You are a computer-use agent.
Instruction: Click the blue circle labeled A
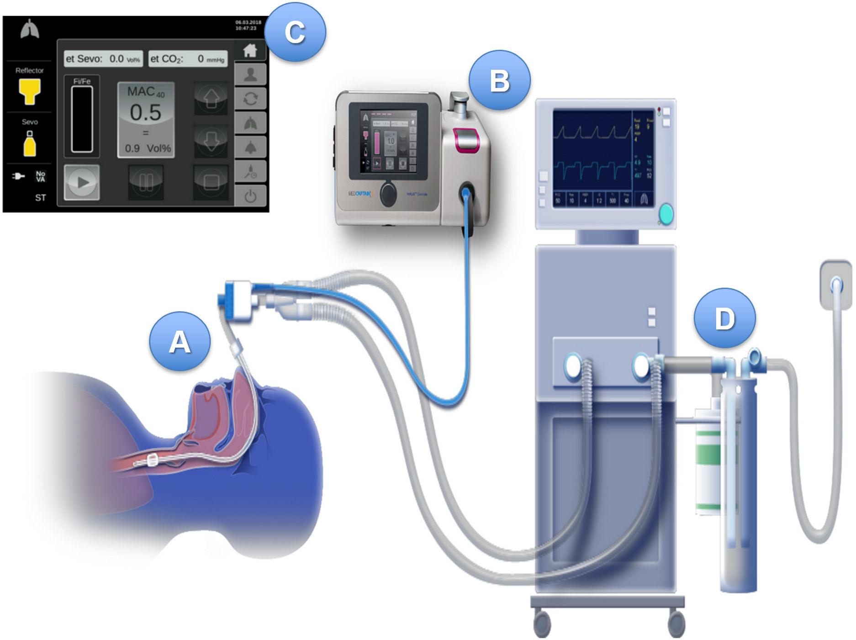[180, 342]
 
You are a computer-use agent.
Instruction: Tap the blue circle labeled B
[499, 80]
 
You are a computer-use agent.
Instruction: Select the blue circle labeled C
[295, 32]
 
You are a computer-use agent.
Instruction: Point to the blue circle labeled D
[724, 318]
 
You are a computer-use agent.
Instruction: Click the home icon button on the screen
[250, 50]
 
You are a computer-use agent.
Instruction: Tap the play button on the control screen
[82, 182]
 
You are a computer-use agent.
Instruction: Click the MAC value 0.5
[146, 112]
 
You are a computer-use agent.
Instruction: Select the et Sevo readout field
[103, 59]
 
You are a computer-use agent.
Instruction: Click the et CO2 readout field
[188, 59]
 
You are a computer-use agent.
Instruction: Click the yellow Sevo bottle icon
[30, 143]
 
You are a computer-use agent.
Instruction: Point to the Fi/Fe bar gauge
[82, 119]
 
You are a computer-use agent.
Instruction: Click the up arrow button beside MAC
[211, 98]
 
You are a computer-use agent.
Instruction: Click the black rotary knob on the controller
[388, 194]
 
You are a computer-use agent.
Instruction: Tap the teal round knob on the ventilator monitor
[666, 214]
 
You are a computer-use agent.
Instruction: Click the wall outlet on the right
[836, 284]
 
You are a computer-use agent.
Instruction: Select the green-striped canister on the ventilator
[708, 461]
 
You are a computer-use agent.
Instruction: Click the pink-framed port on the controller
[465, 139]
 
